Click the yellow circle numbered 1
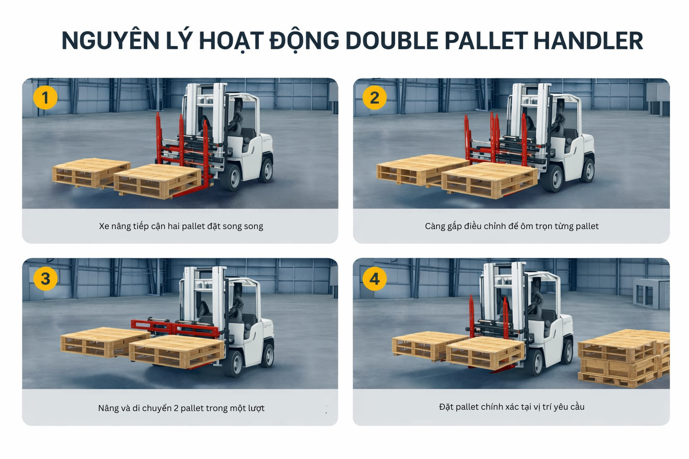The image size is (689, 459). pos(45,98)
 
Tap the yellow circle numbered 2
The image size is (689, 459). pos(375,98)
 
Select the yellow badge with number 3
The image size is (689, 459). pos(45,279)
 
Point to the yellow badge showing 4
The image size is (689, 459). pos(375,279)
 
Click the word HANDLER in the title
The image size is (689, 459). pos(588,41)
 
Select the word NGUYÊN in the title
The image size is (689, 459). pos(110,41)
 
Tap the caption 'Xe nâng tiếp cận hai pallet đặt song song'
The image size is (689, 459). pos(181,226)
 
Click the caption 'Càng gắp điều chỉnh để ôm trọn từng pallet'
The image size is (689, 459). pos(511,226)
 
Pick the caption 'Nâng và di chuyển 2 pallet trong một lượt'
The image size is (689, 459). pos(181,408)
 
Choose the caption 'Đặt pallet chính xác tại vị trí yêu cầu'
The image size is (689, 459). pos(511,407)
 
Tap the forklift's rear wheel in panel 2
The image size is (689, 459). pos(588,169)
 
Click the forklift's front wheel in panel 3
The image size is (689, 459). pos(234,362)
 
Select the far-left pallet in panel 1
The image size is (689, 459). pos(90,173)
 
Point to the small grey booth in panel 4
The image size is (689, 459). pos(650,293)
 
